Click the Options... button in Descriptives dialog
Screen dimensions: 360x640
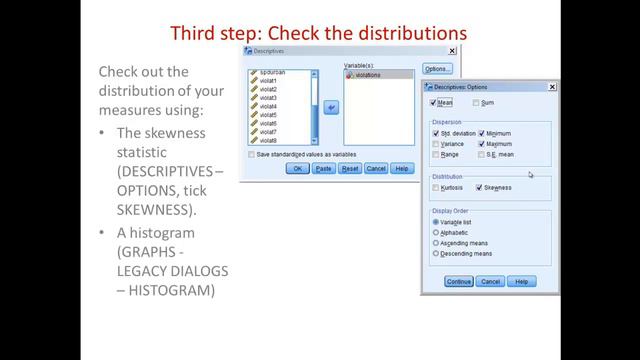(x=437, y=69)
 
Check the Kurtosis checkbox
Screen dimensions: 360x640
(x=436, y=187)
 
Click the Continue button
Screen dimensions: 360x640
(x=458, y=282)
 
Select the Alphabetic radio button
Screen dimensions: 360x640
(x=436, y=232)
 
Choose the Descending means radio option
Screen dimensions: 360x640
(x=436, y=253)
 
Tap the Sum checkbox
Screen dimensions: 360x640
(x=477, y=102)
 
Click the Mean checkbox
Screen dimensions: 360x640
(x=434, y=102)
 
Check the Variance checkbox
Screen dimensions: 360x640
(x=436, y=144)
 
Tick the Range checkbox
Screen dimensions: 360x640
(x=436, y=155)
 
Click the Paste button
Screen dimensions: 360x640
(x=323, y=169)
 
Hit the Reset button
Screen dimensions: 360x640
(x=350, y=169)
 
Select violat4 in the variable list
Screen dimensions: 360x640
(x=269, y=106)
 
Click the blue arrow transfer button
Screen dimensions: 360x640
(x=330, y=107)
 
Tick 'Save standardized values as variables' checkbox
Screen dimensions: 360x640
(x=251, y=154)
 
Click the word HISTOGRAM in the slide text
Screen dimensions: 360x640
(x=173, y=290)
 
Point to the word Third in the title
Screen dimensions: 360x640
(x=197, y=33)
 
